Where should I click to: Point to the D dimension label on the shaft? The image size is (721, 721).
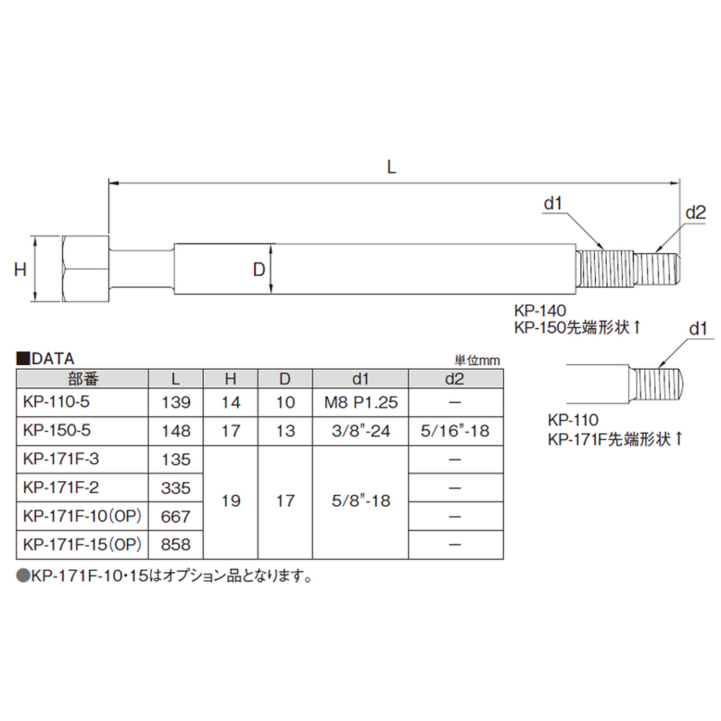[259, 269]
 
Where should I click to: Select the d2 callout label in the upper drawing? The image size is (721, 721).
[696, 213]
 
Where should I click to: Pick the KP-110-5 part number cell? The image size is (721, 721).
[57, 403]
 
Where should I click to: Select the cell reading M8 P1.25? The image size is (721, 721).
[360, 403]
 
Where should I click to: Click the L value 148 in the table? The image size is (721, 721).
[176, 431]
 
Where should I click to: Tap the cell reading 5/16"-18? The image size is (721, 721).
[455, 431]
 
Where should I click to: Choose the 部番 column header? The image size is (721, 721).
[82, 379]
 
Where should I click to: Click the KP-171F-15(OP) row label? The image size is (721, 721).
[81, 545]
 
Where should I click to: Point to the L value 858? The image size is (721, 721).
[176, 545]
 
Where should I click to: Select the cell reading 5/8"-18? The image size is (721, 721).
[360, 501]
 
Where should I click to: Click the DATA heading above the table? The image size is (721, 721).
[45, 359]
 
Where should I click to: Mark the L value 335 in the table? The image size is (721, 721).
[176, 488]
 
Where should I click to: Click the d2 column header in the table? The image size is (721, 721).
[455, 379]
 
